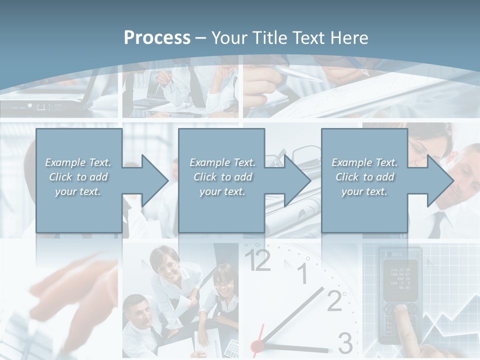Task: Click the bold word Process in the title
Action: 157,38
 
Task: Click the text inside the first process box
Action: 78,177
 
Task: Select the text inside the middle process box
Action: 222,177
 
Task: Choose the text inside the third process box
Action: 364,177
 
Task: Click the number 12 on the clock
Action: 258,260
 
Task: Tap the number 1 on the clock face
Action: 302,273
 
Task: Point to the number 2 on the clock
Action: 334,300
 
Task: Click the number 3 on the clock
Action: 345,343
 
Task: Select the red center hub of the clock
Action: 257,345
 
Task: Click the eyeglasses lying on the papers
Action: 295,154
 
